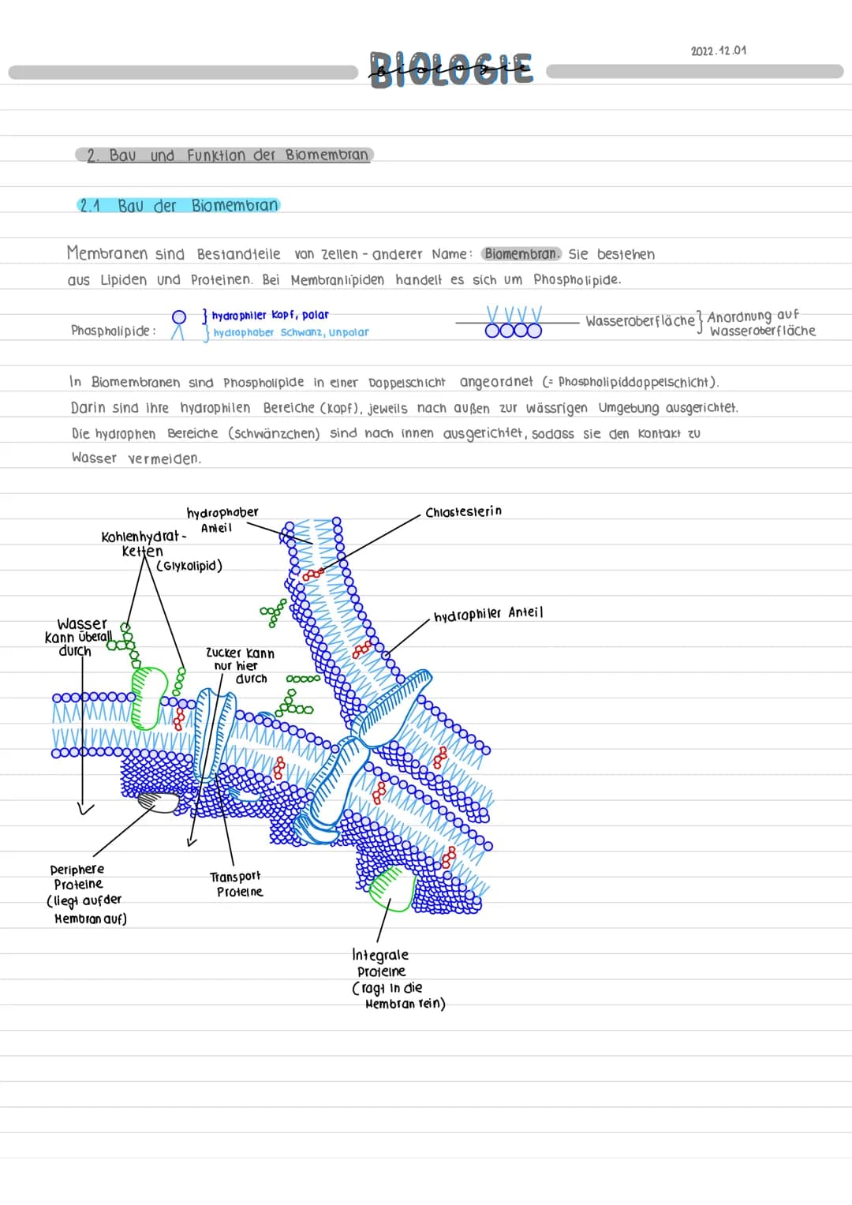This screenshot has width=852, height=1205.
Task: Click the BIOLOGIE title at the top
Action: coord(451,69)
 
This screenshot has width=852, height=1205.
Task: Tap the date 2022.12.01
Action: coord(718,51)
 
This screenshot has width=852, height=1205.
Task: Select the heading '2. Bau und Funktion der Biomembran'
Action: coord(226,155)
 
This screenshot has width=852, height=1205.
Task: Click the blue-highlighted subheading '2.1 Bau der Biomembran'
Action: coord(179,206)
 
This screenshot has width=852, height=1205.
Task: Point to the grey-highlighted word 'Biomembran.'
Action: coord(521,254)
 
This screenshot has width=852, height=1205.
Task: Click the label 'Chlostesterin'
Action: coord(463,512)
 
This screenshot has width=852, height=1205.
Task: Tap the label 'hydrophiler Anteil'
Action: coord(488,613)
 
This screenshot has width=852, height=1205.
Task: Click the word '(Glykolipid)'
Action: coord(189,566)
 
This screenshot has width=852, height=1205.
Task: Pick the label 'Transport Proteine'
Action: coord(236,884)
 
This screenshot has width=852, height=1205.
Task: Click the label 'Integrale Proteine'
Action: coord(381,963)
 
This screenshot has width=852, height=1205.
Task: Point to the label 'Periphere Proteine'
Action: coord(77,877)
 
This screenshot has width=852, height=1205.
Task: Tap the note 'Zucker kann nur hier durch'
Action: coord(241,665)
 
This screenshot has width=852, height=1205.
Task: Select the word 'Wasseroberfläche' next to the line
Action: coord(640,321)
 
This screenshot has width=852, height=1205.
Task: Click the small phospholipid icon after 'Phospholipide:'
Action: coord(179,324)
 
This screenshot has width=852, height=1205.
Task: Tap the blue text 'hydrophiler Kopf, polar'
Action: coord(271,315)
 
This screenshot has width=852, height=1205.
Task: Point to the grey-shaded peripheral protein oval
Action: coord(161,802)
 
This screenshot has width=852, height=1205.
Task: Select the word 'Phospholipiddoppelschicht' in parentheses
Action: coord(637,382)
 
